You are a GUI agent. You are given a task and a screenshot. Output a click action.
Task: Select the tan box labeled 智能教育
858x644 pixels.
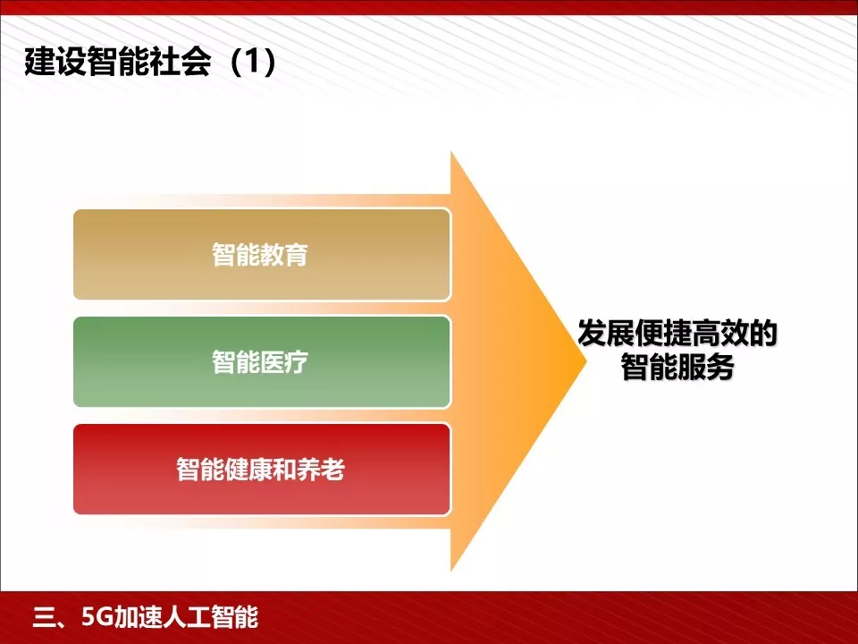pos(261,255)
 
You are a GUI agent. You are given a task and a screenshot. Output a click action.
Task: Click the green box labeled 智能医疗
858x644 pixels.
pos(261,362)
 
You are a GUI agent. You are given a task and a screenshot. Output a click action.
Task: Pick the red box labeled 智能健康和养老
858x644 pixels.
pos(261,470)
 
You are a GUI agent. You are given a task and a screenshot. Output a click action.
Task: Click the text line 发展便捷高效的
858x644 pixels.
pos(677,335)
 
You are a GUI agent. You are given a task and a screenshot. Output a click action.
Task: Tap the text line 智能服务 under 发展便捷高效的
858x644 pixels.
pos(677,368)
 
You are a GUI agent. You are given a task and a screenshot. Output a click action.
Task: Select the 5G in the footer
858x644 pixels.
pos(98,617)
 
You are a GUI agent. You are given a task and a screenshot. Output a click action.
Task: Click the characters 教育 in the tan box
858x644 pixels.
pos(285,255)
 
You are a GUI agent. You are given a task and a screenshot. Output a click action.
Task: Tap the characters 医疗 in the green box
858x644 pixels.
pos(285,362)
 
